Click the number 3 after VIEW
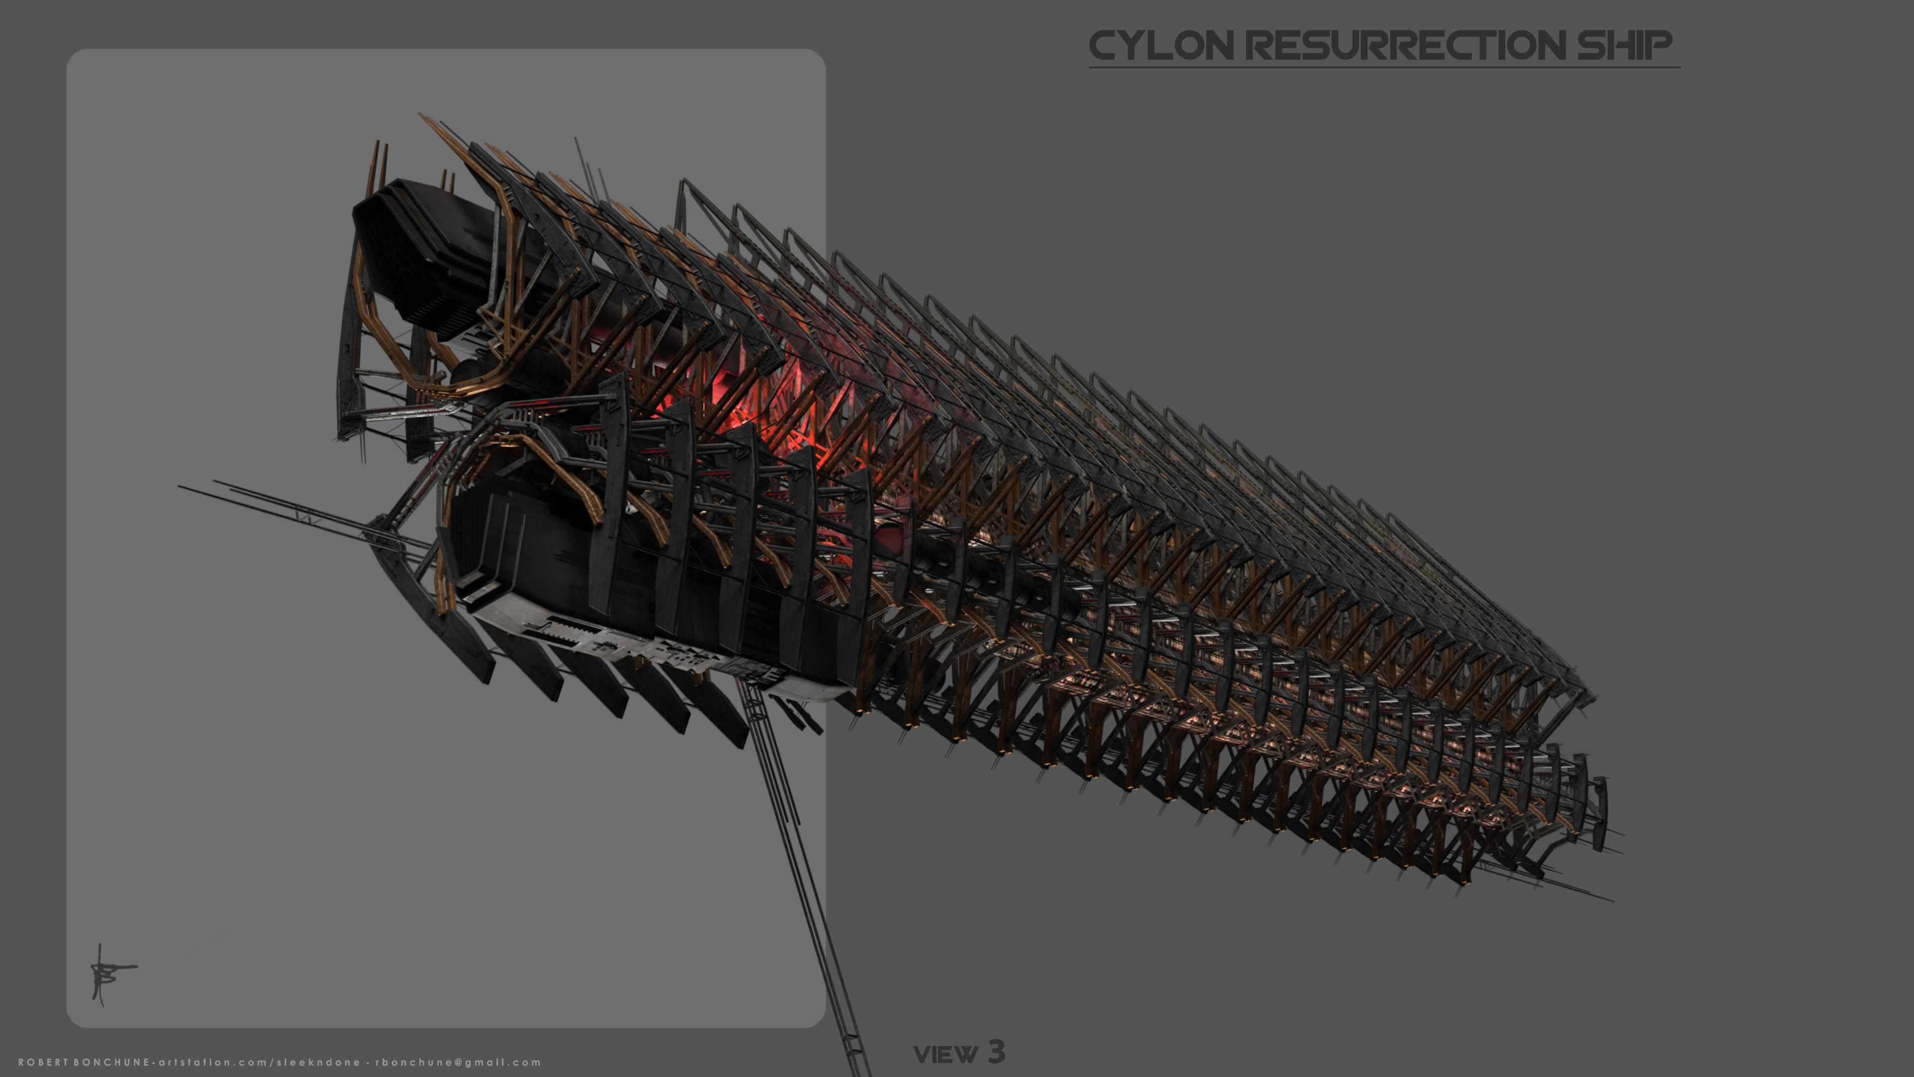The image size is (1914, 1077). tap(996, 1052)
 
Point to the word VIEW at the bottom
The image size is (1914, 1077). tap(945, 1054)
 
